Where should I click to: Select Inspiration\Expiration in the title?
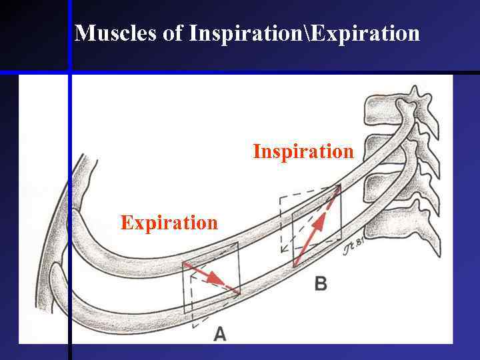pyautogui.click(x=304, y=33)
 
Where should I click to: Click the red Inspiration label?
pyautogui.click(x=303, y=151)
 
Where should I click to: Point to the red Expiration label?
pyautogui.click(x=169, y=222)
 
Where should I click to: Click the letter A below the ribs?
pyautogui.click(x=219, y=333)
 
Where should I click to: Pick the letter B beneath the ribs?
pyautogui.click(x=321, y=284)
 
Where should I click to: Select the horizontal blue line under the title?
pyautogui.click(x=267, y=71)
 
